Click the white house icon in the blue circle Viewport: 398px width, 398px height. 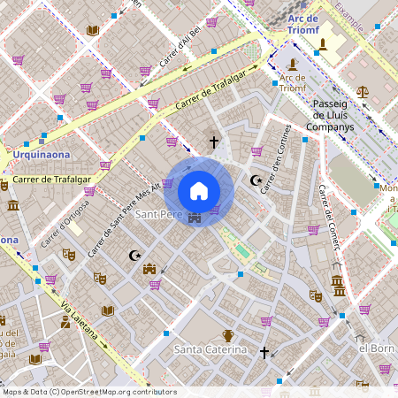[199, 191]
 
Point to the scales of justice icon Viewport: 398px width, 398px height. [363, 91]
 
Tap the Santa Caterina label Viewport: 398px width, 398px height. [210, 350]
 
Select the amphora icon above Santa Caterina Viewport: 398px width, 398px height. [228, 335]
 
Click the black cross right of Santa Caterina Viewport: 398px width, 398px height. [264, 352]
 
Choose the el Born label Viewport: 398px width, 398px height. [375, 348]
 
